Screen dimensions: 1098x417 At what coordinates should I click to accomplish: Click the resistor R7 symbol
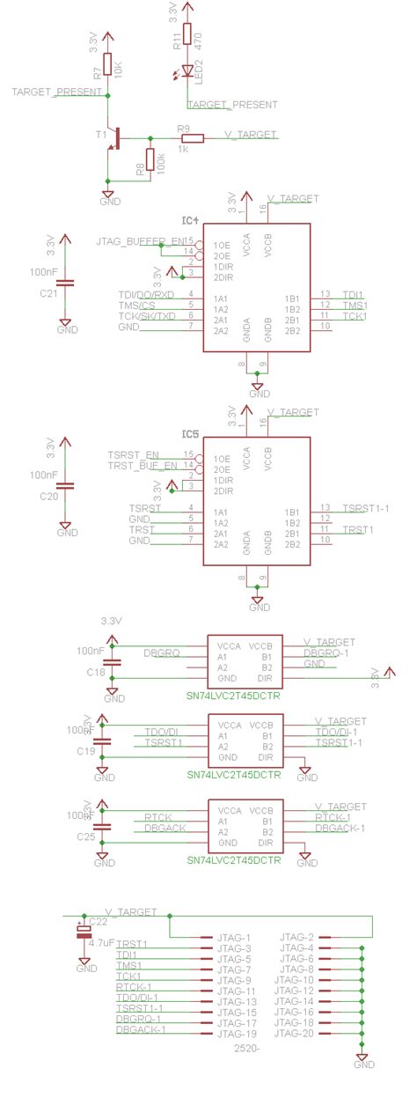pyautogui.click(x=107, y=65)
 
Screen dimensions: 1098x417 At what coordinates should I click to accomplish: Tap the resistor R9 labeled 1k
pyautogui.click(x=192, y=137)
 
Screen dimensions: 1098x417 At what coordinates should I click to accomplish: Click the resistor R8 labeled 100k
pyautogui.click(x=150, y=160)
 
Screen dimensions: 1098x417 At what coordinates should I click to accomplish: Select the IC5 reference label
pyautogui.click(x=191, y=434)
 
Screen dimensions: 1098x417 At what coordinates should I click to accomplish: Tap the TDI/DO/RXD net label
pyautogui.click(x=146, y=294)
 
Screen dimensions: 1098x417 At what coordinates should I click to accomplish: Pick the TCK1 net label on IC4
pyautogui.click(x=354, y=316)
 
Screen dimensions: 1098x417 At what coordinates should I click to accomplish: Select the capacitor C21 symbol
pyautogui.click(x=69, y=283)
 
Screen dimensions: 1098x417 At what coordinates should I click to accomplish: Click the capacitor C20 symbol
pyautogui.click(x=69, y=485)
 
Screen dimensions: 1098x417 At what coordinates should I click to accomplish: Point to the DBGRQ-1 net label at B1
pyautogui.click(x=326, y=652)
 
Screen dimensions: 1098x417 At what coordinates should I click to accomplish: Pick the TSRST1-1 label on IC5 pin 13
pyautogui.click(x=366, y=508)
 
